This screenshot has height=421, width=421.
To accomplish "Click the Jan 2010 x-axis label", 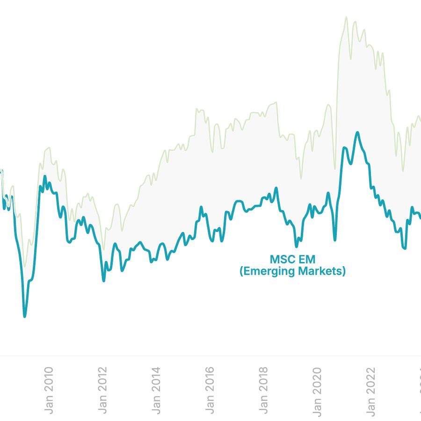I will (x=49, y=390).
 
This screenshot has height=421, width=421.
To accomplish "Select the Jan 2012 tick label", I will (x=103, y=390).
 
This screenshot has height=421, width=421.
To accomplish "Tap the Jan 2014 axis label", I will (x=156, y=390).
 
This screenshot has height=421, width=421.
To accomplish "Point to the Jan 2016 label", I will (x=210, y=390).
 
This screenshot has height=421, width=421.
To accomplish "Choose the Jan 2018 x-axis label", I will (x=263, y=390).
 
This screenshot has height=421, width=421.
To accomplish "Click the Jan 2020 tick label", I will (x=317, y=390).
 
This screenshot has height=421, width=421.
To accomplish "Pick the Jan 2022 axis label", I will (x=370, y=390).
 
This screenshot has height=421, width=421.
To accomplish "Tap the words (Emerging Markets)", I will (x=292, y=271).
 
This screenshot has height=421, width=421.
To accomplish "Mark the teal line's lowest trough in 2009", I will (x=25, y=317).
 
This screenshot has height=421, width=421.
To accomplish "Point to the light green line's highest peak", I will (x=346, y=17).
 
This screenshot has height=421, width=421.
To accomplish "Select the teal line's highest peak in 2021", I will (x=358, y=132).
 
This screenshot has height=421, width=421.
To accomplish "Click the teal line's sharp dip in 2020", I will (x=335, y=240).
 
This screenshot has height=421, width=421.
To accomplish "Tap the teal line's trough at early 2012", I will (x=104, y=281).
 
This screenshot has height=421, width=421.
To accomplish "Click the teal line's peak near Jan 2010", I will (x=45, y=176).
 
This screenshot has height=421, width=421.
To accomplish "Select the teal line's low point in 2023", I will (x=405, y=248).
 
